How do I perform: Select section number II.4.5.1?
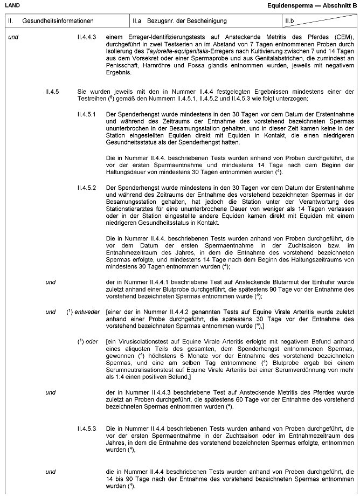click(87, 115)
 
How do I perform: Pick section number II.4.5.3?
click(87, 428)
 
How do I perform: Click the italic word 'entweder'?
click(87, 311)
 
